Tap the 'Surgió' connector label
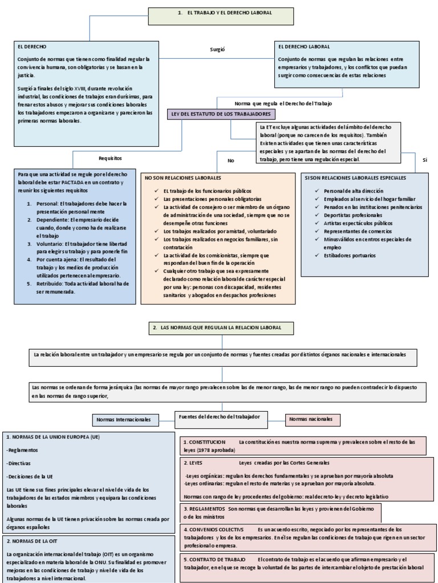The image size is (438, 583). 218,50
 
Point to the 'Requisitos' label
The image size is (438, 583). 111,158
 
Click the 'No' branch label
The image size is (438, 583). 231,161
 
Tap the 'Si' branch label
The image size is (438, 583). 424,161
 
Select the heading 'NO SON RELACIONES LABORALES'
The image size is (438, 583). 181,178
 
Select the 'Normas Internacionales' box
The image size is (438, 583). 124,420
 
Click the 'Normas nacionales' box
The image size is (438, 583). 313,419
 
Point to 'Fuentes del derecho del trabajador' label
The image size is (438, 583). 220,417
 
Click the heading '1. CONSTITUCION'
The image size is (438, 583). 204,442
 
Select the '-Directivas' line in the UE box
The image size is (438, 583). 19,463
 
